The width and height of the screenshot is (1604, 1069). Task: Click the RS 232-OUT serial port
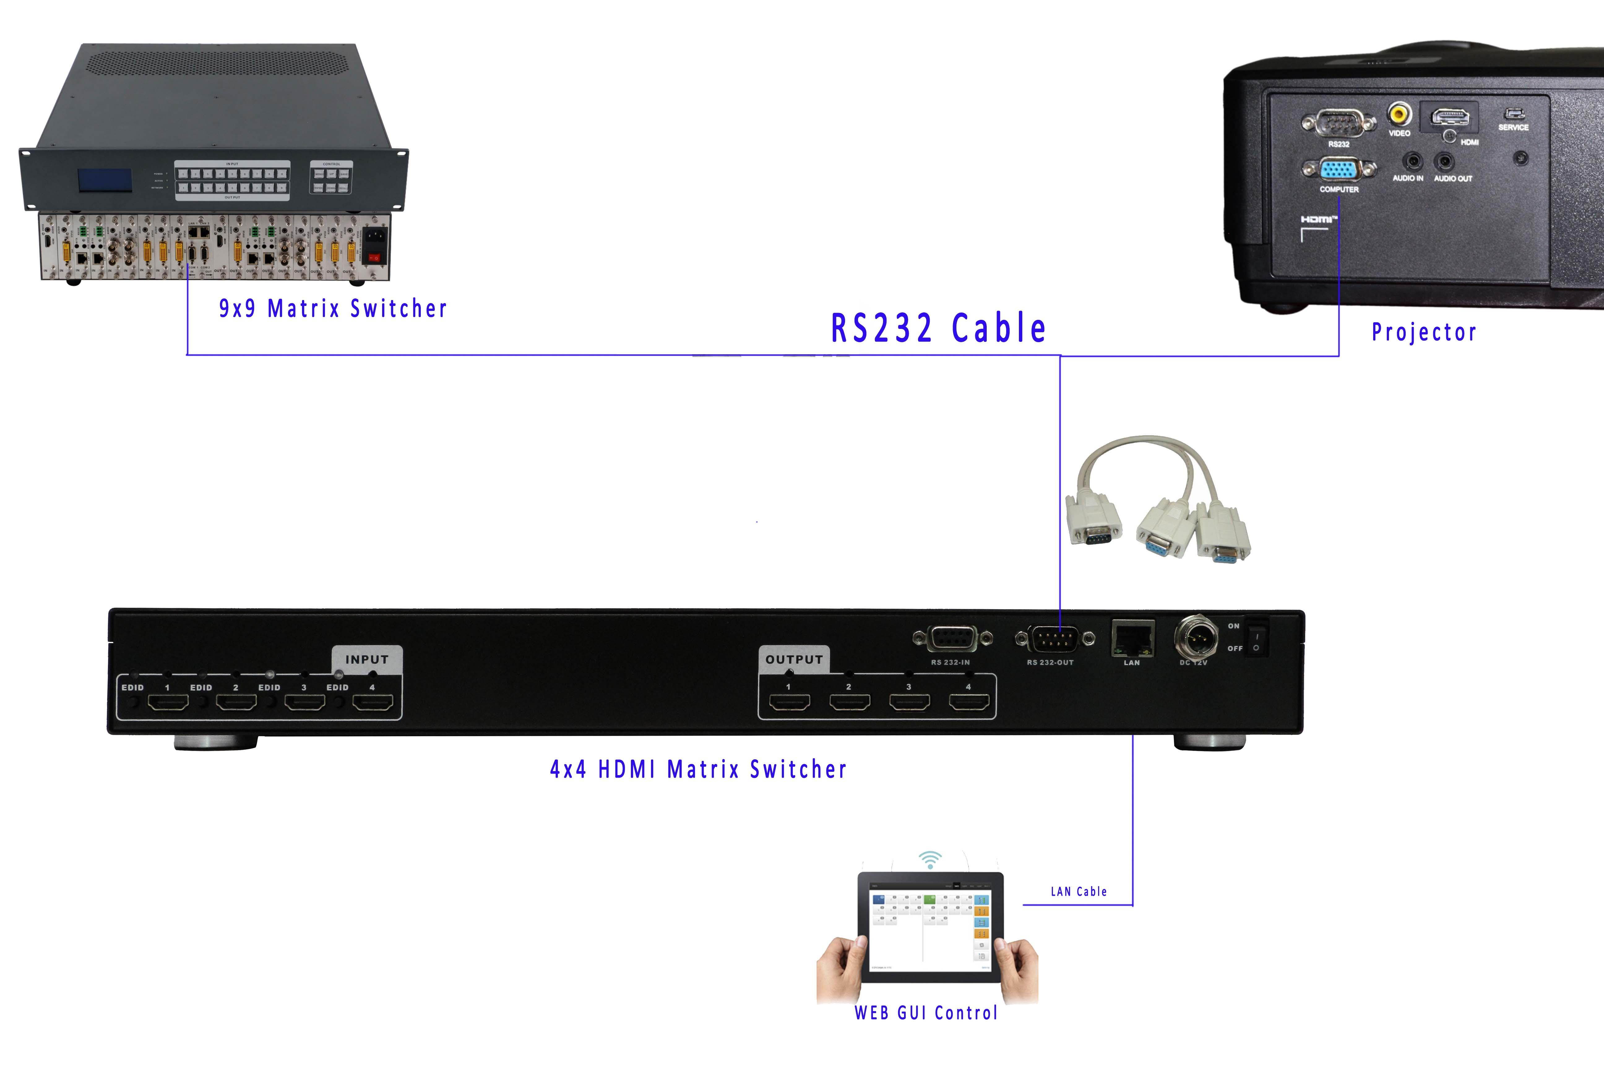coord(1054,639)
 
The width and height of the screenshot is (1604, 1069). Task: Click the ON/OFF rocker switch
coord(1256,637)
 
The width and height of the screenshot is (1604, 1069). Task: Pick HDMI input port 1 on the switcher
coord(168,702)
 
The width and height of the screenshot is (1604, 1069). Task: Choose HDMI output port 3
coord(909,702)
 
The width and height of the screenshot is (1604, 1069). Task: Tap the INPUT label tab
coord(367,659)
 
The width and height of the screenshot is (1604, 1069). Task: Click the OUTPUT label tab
coord(794,659)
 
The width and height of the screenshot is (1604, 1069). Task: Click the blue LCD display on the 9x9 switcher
coord(104,180)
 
